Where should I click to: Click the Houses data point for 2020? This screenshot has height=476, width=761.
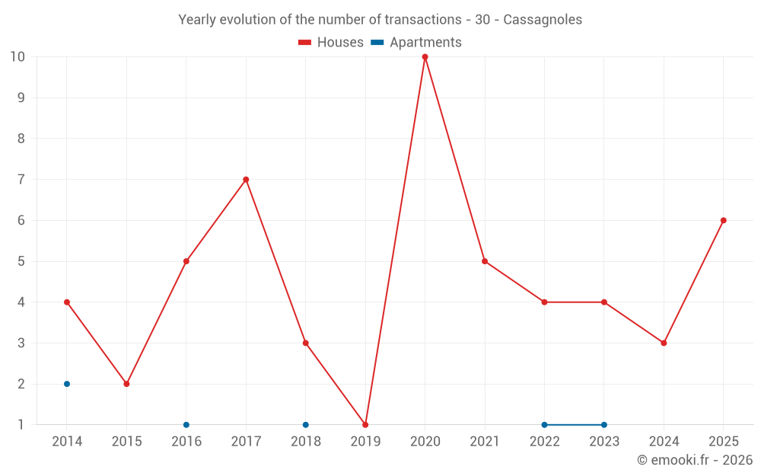tap(425, 57)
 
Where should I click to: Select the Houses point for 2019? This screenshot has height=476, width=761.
tap(365, 425)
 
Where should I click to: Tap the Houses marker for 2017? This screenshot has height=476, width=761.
tap(246, 180)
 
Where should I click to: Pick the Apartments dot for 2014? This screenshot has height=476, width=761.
tap(67, 384)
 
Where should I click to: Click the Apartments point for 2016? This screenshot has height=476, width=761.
tap(186, 425)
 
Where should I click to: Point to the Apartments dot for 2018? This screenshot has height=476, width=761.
tap(306, 425)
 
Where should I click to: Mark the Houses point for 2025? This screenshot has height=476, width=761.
tap(724, 221)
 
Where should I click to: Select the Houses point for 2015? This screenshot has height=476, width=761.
tap(126, 384)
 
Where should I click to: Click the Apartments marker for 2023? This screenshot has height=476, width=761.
tap(604, 425)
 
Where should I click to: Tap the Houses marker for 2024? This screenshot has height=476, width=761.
tap(664, 343)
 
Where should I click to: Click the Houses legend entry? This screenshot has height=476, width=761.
tap(331, 43)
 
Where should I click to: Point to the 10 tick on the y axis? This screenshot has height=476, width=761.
tap(18, 57)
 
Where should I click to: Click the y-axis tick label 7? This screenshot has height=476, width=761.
tap(21, 180)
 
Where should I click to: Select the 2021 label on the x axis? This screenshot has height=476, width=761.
tap(485, 442)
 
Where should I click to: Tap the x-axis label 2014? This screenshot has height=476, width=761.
tap(67, 442)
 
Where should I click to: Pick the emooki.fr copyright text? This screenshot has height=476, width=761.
tap(695, 460)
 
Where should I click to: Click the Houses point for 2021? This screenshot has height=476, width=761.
tap(485, 261)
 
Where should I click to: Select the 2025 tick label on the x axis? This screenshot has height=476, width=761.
tap(724, 442)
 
